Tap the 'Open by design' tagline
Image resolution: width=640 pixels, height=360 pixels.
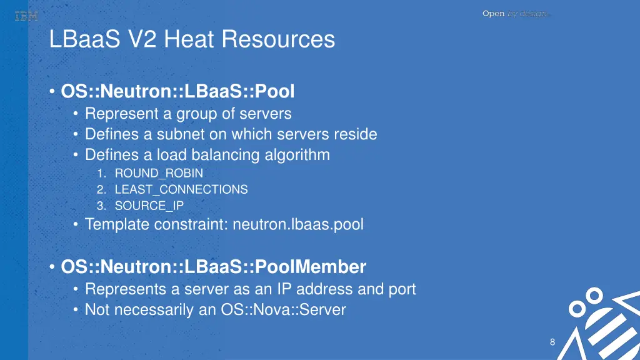click(514, 14)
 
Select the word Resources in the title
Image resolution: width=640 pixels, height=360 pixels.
click(278, 39)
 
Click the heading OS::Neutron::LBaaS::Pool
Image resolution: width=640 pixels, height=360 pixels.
click(177, 92)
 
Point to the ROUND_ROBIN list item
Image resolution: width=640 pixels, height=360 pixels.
click(159, 173)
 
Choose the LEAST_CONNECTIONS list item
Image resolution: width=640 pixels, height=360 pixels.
click(181, 189)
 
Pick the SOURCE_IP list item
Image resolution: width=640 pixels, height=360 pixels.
click(149, 206)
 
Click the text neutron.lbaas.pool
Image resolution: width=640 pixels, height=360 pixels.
click(297, 224)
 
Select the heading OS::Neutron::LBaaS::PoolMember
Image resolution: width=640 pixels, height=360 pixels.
click(213, 267)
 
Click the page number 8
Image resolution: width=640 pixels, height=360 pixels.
click(552, 342)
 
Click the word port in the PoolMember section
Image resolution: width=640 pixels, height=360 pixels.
click(401, 289)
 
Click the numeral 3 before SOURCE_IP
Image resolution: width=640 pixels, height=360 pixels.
click(100, 206)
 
